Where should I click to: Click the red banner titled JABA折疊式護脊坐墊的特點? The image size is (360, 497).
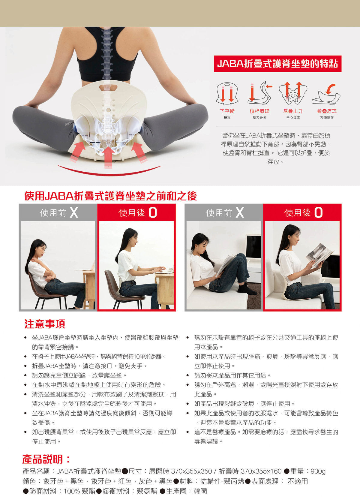tap(277, 64)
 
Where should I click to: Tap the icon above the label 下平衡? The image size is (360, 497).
tap(227, 93)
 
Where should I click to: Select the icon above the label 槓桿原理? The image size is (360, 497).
tap(260, 93)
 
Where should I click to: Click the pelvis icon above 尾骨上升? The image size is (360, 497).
tap(293, 93)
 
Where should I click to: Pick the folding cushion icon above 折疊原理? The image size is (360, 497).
tap(326, 94)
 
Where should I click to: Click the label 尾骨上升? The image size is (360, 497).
tap(293, 111)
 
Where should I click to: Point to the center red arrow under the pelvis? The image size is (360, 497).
tap(108, 157)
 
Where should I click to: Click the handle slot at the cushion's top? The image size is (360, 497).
tap(108, 88)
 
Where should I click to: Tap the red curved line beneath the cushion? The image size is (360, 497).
tap(109, 173)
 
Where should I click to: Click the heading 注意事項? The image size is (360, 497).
tap(45, 324)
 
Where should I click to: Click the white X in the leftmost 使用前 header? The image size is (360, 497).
tap(74, 212)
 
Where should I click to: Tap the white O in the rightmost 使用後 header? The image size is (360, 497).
tap(318, 212)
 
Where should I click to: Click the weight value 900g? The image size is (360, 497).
tap(318, 471)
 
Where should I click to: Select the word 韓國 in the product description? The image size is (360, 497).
tap(200, 491)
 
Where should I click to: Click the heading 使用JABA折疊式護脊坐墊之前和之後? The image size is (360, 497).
tap(111, 196)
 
